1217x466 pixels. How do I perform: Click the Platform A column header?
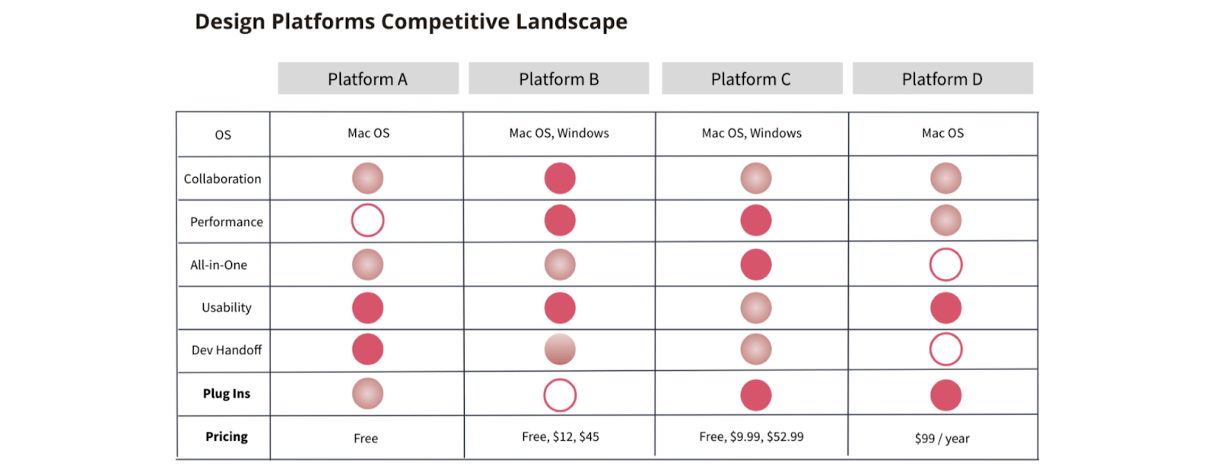(368, 79)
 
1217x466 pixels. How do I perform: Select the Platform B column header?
(559, 79)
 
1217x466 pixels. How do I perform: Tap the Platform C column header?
(751, 79)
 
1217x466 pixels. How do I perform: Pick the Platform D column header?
(942, 79)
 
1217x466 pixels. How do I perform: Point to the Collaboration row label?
(222, 179)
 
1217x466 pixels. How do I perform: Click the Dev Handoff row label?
(226, 350)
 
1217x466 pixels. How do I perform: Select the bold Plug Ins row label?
(226, 393)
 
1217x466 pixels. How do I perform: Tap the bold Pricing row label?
(226, 436)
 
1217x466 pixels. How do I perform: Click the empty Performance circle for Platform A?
(367, 220)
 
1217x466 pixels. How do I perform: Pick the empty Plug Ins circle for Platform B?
(560, 395)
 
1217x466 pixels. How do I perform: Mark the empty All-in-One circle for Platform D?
(945, 265)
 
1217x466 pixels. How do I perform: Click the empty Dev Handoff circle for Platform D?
(945, 350)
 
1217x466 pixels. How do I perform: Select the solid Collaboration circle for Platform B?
(560, 179)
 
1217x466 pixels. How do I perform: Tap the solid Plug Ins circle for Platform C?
(756, 395)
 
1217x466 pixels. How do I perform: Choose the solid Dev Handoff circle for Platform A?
(367, 350)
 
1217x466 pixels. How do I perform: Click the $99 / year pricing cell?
(942, 438)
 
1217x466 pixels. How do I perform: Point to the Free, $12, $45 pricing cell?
(561, 436)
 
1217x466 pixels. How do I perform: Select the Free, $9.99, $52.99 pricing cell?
(751, 436)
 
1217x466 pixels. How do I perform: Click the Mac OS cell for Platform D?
(942, 133)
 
